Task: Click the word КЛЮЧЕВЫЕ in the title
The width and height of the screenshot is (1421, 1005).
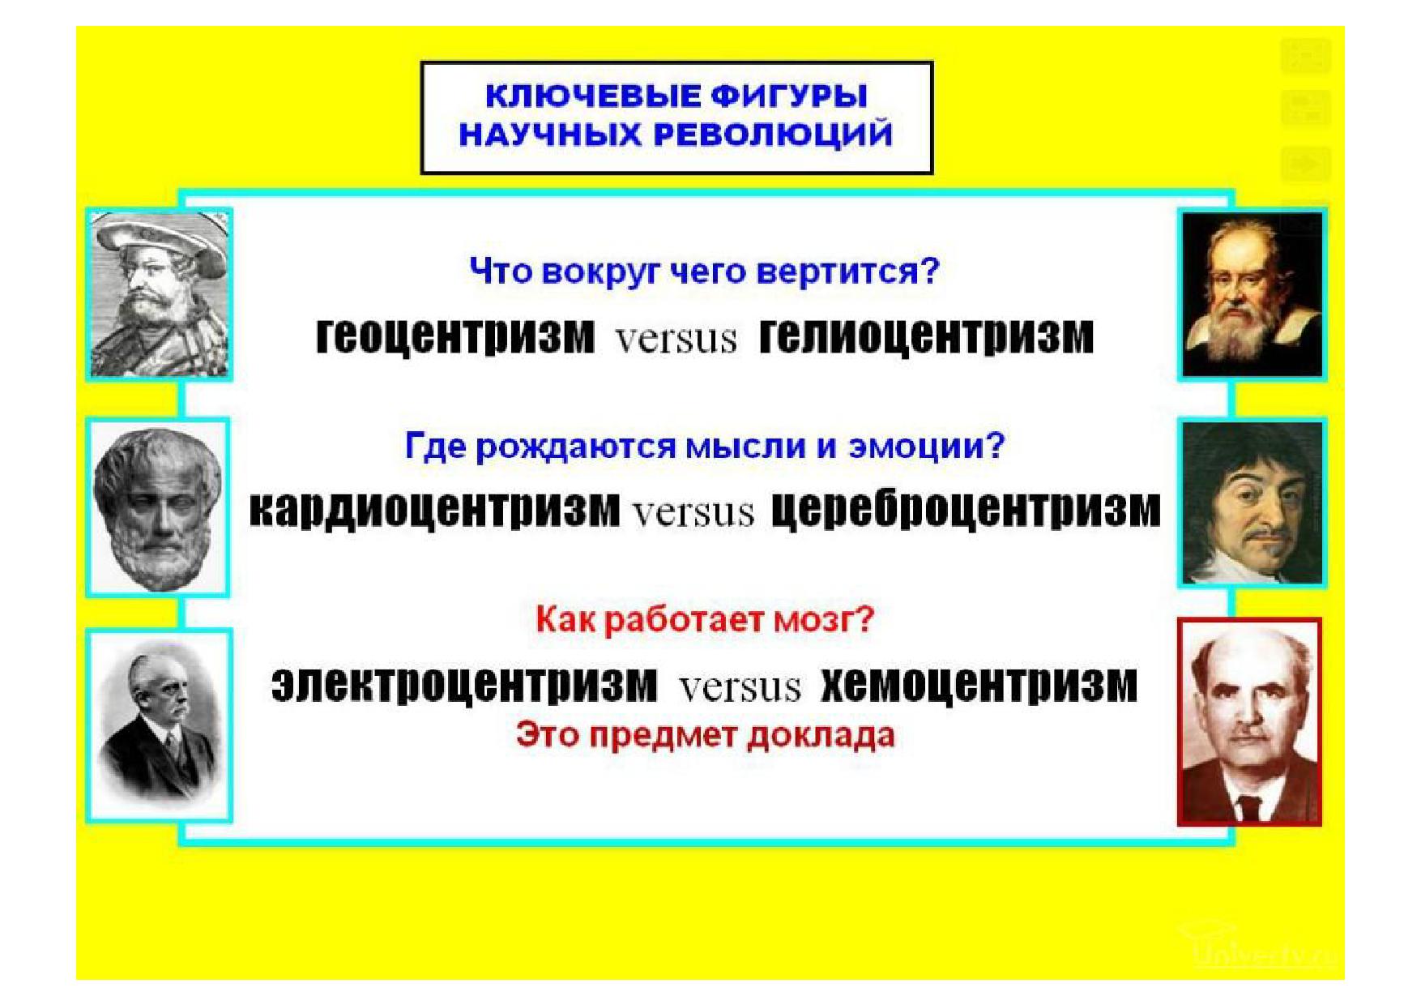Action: click(592, 96)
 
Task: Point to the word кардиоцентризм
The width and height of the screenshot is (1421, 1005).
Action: click(434, 509)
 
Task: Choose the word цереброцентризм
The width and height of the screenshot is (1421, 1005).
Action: click(965, 509)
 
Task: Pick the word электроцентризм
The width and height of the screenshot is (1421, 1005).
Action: click(464, 684)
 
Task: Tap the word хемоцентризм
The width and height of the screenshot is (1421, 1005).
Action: click(979, 684)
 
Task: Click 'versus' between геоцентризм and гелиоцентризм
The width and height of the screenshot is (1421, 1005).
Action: click(676, 339)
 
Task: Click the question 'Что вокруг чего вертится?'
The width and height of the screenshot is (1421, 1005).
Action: click(704, 272)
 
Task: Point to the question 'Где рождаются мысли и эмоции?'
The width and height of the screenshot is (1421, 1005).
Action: click(704, 447)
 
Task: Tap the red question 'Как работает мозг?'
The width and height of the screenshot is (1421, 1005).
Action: click(705, 620)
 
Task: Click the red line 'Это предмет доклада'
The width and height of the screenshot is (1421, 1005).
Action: click(705, 736)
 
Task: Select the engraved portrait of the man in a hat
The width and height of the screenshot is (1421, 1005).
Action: click(159, 294)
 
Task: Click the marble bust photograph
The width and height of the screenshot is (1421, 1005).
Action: click(158, 507)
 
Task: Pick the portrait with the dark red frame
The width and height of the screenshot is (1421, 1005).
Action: click(1249, 722)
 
